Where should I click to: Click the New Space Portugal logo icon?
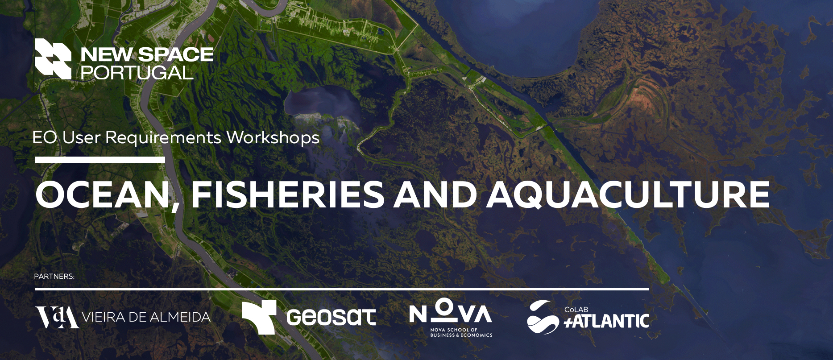coord(53,59)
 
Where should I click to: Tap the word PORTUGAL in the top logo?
coord(137,73)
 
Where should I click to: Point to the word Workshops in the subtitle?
coord(273,138)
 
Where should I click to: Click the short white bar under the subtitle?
coord(100,160)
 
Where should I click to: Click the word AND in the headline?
coord(435,194)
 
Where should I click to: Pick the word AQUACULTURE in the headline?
coord(628,195)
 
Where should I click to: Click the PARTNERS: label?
coord(54,277)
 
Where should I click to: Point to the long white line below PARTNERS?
coord(342,289)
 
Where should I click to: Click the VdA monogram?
coord(58,317)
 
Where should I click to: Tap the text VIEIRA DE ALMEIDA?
coord(146,317)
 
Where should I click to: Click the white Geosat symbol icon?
coord(259,317)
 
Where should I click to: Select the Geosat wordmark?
coord(331,317)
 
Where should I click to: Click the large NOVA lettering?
coord(451,311)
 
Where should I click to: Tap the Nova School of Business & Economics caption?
coord(461,333)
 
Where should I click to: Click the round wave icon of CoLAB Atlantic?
coord(543,317)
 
